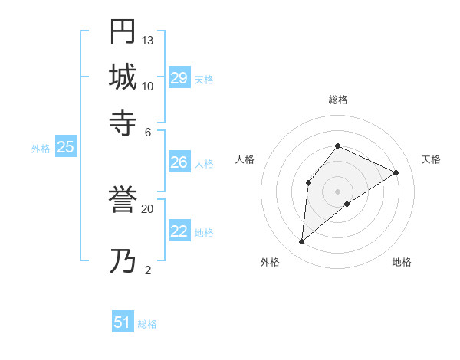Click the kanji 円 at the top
point(123,31)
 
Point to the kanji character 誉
point(123,201)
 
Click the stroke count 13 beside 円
point(148,40)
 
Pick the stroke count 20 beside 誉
point(148,208)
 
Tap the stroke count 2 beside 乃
point(148,270)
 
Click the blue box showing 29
point(179,78)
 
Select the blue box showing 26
point(179,162)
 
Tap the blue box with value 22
point(179,231)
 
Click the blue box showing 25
point(65,147)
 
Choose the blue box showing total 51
point(123,322)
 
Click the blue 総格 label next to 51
point(147,324)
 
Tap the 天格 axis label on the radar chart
point(431,159)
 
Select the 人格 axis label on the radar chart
point(245,159)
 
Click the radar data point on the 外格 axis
point(302,242)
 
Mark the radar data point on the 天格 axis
point(396,172)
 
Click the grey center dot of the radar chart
point(338,191)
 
